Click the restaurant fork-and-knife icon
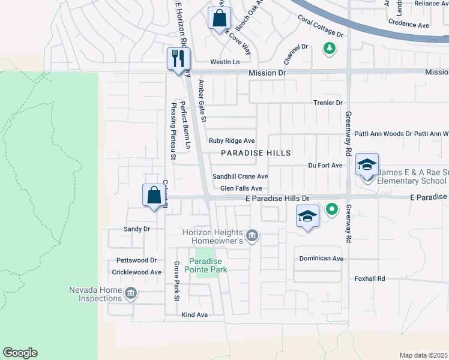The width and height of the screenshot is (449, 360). click(x=178, y=58)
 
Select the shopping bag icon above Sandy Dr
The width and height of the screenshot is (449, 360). click(x=154, y=195)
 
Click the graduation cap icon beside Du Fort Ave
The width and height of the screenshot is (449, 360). click(x=367, y=164)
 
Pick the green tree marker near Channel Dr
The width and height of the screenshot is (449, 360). click(x=329, y=47)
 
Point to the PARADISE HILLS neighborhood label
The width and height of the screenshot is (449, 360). click(x=256, y=153)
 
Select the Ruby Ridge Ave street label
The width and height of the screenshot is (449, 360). click(x=232, y=141)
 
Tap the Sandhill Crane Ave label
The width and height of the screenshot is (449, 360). click(x=240, y=177)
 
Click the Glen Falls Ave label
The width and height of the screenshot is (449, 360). click(x=241, y=188)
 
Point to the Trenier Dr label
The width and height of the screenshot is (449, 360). click(x=327, y=103)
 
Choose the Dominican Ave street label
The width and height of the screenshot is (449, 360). click(x=321, y=259)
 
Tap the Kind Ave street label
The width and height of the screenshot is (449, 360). click(x=194, y=314)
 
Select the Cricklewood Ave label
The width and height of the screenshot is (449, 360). click(x=137, y=272)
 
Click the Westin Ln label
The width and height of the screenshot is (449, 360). click(x=224, y=62)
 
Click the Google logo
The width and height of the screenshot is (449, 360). click(x=20, y=353)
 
